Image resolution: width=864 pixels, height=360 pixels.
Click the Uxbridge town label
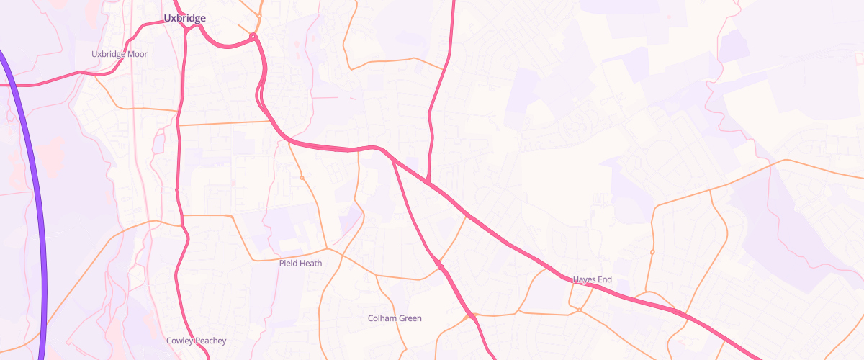tap(185, 18)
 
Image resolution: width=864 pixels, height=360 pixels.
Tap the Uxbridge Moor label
tap(120, 54)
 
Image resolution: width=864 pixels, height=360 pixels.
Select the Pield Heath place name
tap(300, 264)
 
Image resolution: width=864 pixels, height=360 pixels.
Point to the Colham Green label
tap(395, 318)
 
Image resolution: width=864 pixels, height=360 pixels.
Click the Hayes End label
tap(593, 279)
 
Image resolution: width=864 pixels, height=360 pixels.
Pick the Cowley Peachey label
tap(196, 341)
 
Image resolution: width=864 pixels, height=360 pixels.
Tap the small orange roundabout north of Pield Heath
tap(302, 178)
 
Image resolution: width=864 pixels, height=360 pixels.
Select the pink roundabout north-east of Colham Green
tap(439, 266)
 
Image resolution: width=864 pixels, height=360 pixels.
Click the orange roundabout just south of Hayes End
tap(579, 310)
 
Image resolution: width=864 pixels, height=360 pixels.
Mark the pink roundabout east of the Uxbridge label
tap(253, 37)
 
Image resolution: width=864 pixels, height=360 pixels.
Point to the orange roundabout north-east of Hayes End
tap(652, 252)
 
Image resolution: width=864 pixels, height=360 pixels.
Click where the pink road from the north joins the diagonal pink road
tap(428, 182)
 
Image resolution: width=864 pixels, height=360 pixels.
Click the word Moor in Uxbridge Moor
tap(137, 54)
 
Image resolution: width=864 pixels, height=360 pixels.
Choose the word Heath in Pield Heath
tap(311, 264)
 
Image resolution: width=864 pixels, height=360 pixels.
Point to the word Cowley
tap(179, 341)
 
